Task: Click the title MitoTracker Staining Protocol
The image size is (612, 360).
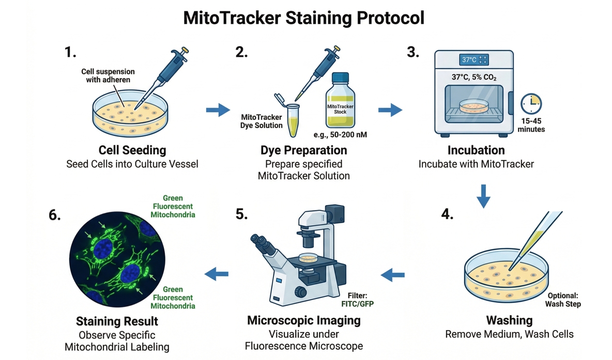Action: click(x=304, y=18)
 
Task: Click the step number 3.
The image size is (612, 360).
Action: click(x=413, y=53)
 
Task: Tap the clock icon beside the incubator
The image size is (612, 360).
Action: click(x=531, y=104)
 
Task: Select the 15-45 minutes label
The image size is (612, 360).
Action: click(x=531, y=124)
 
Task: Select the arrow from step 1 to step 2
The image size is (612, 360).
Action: click(x=218, y=109)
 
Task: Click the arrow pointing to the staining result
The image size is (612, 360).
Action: click(x=217, y=274)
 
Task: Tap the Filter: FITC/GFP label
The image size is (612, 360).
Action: click(x=358, y=300)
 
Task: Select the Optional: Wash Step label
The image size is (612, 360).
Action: click(x=563, y=300)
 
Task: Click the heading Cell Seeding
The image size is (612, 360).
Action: click(x=132, y=150)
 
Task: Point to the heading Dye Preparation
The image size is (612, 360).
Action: click(x=303, y=150)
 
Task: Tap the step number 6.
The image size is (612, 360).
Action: click(x=55, y=215)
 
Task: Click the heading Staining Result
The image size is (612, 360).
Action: click(x=117, y=321)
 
